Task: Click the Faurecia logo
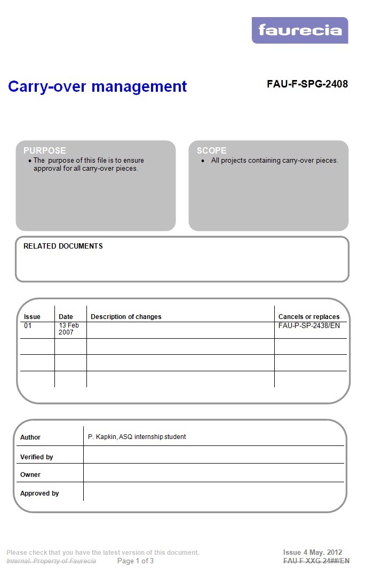pyautogui.click(x=300, y=30)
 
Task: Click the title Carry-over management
pyautogui.click(x=97, y=86)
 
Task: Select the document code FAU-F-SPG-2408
pyautogui.click(x=307, y=84)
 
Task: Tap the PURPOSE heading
pyautogui.click(x=45, y=150)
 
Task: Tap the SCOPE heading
pyautogui.click(x=211, y=150)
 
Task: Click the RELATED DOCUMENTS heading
pyautogui.click(x=63, y=246)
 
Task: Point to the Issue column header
pyautogui.click(x=32, y=317)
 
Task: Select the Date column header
pyautogui.click(x=66, y=317)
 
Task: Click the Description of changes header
pyautogui.click(x=126, y=317)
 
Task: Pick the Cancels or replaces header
pyautogui.click(x=309, y=317)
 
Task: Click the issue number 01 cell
pyautogui.click(x=28, y=325)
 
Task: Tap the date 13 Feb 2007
pyautogui.click(x=69, y=329)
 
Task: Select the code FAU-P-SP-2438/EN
pyautogui.click(x=309, y=325)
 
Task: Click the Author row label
pyautogui.click(x=30, y=437)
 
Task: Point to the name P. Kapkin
pyautogui.click(x=102, y=437)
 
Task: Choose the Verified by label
pyautogui.click(x=37, y=457)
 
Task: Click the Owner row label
pyautogui.click(x=30, y=475)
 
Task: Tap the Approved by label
pyautogui.click(x=39, y=493)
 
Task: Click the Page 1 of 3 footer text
pyautogui.click(x=136, y=561)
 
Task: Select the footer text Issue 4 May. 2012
pyautogui.click(x=313, y=552)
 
